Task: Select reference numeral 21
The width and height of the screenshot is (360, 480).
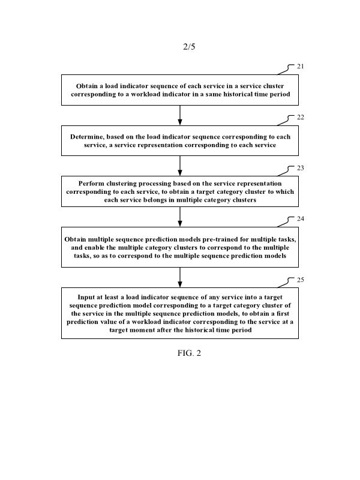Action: click(301, 67)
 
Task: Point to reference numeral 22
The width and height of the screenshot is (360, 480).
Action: click(301, 118)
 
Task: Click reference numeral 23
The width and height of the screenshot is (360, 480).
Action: click(301, 169)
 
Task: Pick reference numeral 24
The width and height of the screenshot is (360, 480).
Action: click(301, 219)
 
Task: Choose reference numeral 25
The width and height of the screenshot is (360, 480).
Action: click(301, 280)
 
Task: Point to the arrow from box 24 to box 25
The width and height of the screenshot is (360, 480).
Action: click(180, 277)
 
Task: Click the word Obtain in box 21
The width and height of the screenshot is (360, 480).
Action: click(88, 86)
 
